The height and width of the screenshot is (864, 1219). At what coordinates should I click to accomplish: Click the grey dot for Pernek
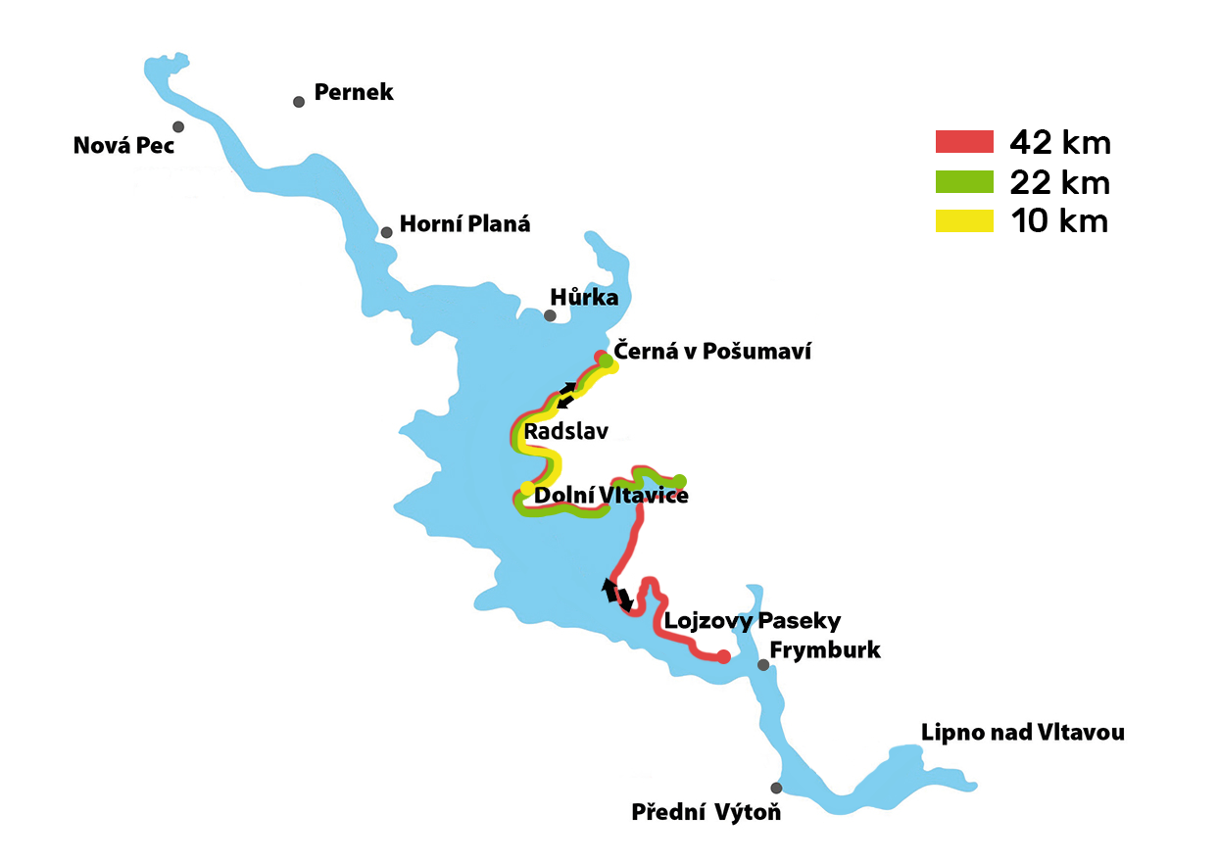pyautogui.click(x=299, y=102)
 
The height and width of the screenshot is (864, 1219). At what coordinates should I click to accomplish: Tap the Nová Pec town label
pyautogui.click(x=123, y=146)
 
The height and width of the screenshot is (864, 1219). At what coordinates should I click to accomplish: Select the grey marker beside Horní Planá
pyautogui.click(x=387, y=232)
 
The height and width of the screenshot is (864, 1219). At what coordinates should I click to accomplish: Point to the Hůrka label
pyautogui.click(x=585, y=297)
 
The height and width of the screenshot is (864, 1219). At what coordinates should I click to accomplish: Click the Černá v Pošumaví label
pyautogui.click(x=712, y=352)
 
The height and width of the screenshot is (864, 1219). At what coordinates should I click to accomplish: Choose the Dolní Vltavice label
pyautogui.click(x=611, y=496)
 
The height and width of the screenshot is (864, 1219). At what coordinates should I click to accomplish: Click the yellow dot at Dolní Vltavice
pyautogui.click(x=527, y=488)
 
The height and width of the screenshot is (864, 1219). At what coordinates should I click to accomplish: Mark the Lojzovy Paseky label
pyautogui.click(x=752, y=620)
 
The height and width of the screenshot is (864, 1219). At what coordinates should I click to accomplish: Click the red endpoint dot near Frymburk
pyautogui.click(x=723, y=656)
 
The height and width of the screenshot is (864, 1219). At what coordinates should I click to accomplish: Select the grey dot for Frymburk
pyautogui.click(x=763, y=665)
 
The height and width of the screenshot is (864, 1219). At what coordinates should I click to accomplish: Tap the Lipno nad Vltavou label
pyautogui.click(x=1023, y=733)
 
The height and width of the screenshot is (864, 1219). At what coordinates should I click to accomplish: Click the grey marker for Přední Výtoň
pyautogui.click(x=776, y=788)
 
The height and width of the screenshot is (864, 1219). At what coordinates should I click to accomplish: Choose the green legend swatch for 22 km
pyautogui.click(x=964, y=182)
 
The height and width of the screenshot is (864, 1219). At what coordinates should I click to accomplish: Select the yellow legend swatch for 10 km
pyautogui.click(x=964, y=220)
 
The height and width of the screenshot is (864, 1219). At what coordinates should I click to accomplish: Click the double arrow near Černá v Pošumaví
pyautogui.click(x=566, y=395)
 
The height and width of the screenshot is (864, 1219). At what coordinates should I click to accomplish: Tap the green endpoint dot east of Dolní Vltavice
pyautogui.click(x=680, y=481)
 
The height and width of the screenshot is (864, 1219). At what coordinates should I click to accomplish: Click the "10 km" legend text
pyautogui.click(x=1058, y=221)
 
